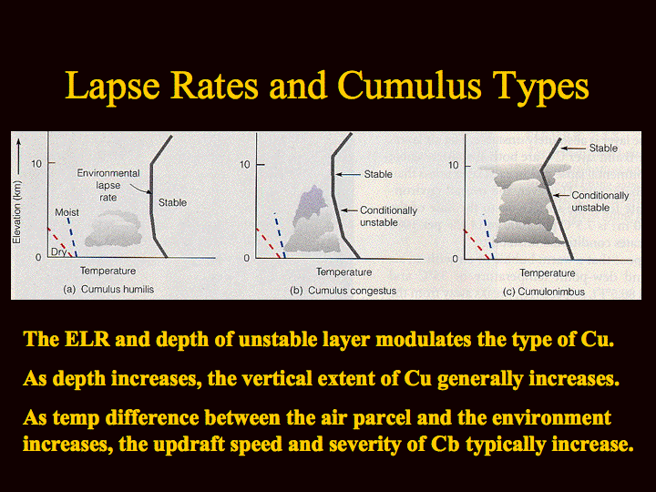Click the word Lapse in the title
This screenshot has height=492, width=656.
pos(113,86)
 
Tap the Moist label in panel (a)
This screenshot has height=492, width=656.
pos(67,212)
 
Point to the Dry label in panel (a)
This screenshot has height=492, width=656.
pos(58,251)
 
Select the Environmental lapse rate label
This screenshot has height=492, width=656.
pos(108,185)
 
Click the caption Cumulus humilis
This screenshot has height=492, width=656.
pos(118,289)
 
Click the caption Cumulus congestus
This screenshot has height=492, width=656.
pos(352,291)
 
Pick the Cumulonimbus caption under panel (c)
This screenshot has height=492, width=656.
pos(551,292)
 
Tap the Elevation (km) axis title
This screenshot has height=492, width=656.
pos(16,212)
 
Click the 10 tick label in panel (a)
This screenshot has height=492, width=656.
pos(36,164)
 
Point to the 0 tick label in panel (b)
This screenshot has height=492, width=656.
pos(246,258)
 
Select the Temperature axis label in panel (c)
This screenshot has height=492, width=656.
pos(548,273)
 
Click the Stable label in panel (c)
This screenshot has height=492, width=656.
pos(603,149)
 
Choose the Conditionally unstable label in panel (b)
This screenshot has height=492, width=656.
pos(388,216)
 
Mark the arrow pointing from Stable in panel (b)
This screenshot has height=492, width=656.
pos(348,174)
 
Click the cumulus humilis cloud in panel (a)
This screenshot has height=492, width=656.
pos(113,229)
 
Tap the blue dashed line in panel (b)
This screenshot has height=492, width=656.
pos(280,235)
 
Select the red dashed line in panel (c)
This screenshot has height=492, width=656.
pos(477,244)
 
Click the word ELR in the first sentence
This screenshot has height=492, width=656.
pos(87,339)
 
